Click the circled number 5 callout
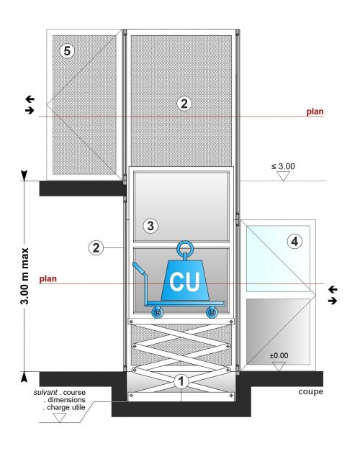pos(67,51)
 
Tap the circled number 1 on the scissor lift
pos(181,381)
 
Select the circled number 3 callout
pos(150,226)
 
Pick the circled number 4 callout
pos(294,241)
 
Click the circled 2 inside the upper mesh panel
pos(184,104)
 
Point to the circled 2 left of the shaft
pos(96,247)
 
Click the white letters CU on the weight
pos(184,281)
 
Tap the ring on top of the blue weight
pos(185,248)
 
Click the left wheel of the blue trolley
pos(157,312)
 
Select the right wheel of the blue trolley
pos(212,312)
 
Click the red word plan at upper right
pos(315,111)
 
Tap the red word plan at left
pos(48,278)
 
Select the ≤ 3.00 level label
pos(283,166)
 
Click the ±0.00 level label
pos(279,355)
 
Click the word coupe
pos(310,392)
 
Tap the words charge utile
pos(66,407)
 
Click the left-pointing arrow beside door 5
pos(30,99)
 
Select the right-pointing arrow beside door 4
pos(333,301)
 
